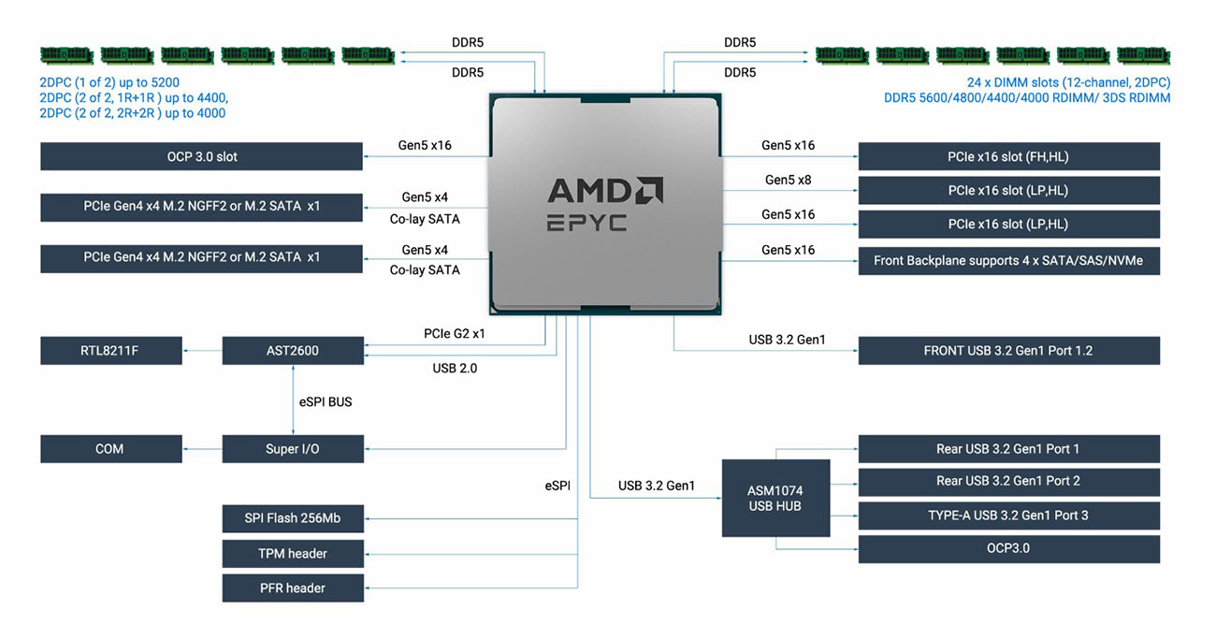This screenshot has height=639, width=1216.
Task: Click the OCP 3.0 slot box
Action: pyautogui.click(x=201, y=156)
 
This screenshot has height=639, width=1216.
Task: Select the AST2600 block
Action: pyautogui.click(x=293, y=351)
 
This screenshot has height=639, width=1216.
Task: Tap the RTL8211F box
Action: pyautogui.click(x=110, y=351)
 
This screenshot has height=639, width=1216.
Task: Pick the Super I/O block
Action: pyautogui.click(x=293, y=449)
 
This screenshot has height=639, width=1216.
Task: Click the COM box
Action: pyautogui.click(x=110, y=449)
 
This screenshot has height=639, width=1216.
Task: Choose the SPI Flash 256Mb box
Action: pyautogui.click(x=293, y=518)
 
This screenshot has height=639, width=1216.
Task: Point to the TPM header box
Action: pyautogui.click(x=293, y=554)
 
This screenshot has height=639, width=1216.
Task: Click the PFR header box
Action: pyautogui.click(x=293, y=588)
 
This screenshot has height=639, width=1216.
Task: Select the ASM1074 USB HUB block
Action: pyautogui.click(x=775, y=499)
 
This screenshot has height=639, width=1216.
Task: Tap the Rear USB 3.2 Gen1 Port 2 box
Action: pyautogui.click(x=1008, y=482)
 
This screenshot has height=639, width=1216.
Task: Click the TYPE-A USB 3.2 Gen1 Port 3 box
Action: pyautogui.click(x=1008, y=516)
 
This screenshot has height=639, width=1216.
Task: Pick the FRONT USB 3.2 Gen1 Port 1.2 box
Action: pyautogui.click(x=1008, y=351)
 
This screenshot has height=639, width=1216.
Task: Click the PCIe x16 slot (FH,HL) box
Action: pyautogui.click(x=1008, y=156)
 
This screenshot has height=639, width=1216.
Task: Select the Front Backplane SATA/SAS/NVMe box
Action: pyautogui.click(x=1008, y=261)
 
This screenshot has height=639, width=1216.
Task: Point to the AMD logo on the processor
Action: pyautogui.click(x=605, y=191)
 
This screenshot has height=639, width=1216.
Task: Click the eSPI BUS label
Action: pyautogui.click(x=326, y=402)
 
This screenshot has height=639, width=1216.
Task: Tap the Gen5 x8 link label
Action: pyautogui.click(x=788, y=180)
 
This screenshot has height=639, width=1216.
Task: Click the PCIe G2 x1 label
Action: pyautogui.click(x=454, y=333)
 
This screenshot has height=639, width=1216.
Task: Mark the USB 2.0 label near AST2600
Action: pyautogui.click(x=455, y=368)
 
